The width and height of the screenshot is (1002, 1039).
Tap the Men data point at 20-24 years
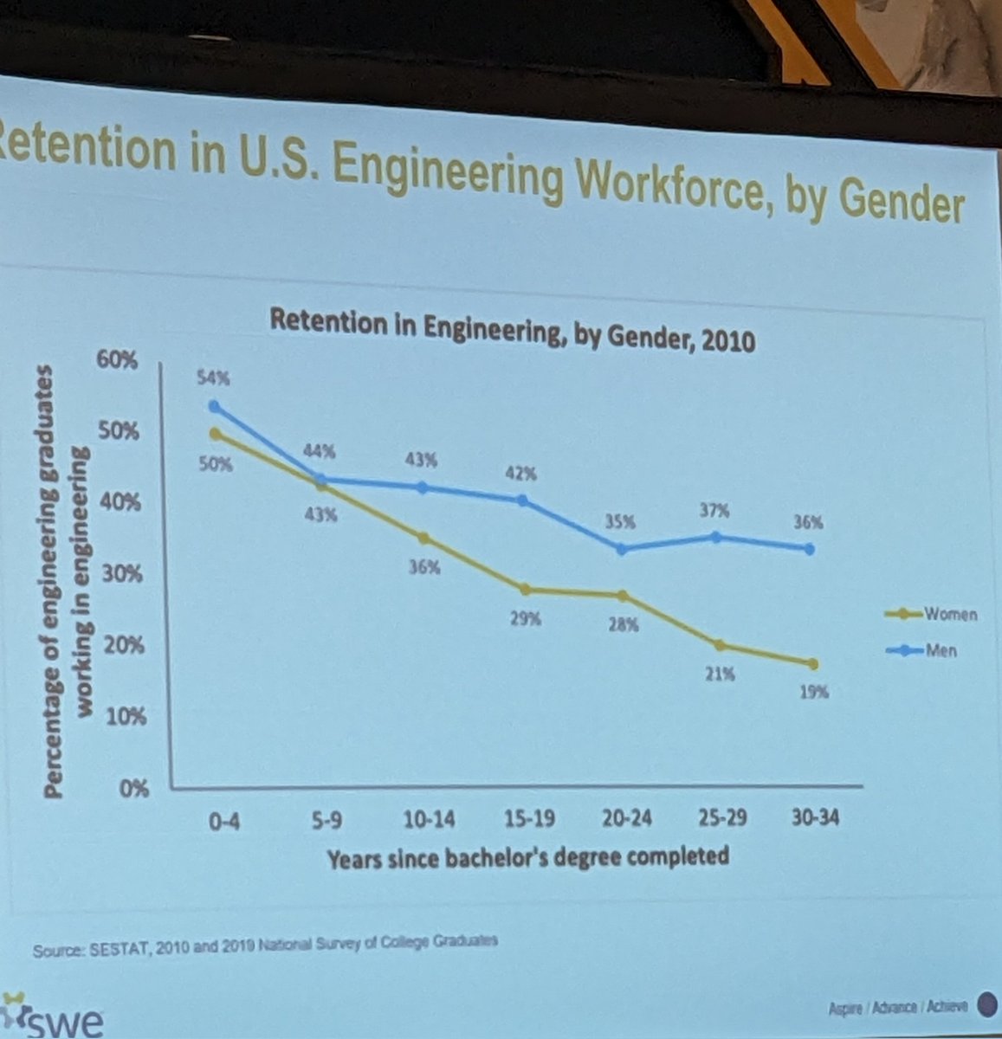pyautogui.click(x=622, y=549)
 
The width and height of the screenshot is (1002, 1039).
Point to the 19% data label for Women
pyautogui.click(x=813, y=692)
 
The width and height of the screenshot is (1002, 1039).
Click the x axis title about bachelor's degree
pyautogui.click(x=527, y=857)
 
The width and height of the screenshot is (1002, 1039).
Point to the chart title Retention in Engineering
pyautogui.click(x=512, y=327)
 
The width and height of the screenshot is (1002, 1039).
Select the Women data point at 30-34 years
pyautogui.click(x=811, y=664)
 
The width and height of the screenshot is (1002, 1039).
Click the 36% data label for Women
pyautogui.click(x=424, y=568)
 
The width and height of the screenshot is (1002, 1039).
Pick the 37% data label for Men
pyautogui.click(x=715, y=511)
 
